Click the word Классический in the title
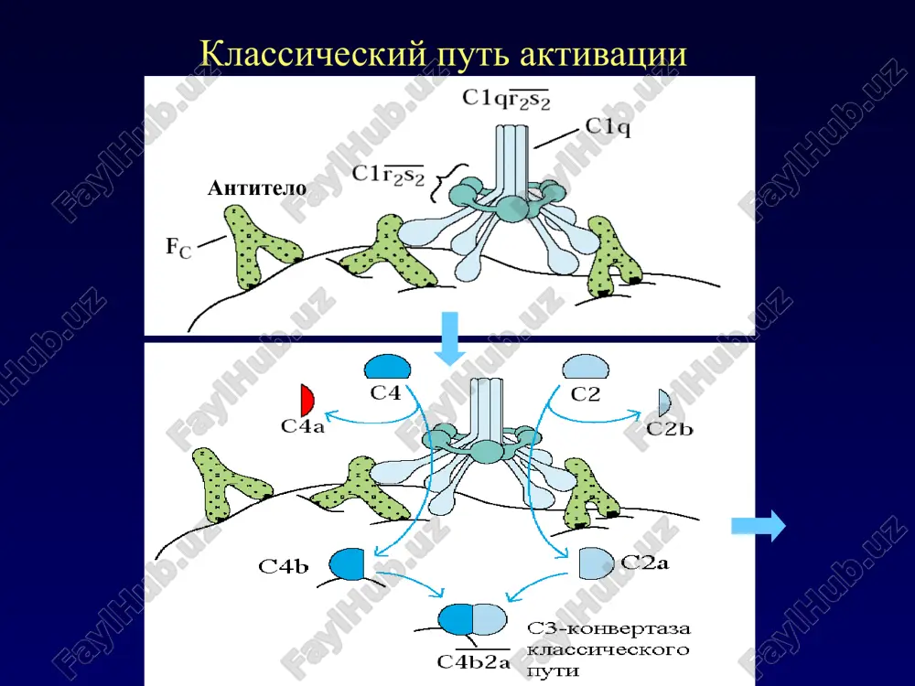click(x=313, y=54)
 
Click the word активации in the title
click(x=602, y=54)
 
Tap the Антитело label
click(x=257, y=188)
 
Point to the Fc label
click(x=178, y=247)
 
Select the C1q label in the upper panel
click(x=608, y=126)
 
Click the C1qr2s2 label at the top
click(x=506, y=98)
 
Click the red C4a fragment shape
click(x=307, y=400)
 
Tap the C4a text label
click(x=302, y=426)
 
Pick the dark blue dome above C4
click(x=387, y=367)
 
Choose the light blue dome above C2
click(x=586, y=368)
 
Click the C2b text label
click(x=670, y=429)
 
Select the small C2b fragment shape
click(x=664, y=402)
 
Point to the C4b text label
click(x=284, y=566)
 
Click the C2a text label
click(x=645, y=563)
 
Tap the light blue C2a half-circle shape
click(x=596, y=563)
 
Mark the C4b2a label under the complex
click(x=473, y=661)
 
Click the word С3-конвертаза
click(x=608, y=629)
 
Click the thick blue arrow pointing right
click(x=758, y=526)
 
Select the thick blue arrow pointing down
click(x=450, y=338)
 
